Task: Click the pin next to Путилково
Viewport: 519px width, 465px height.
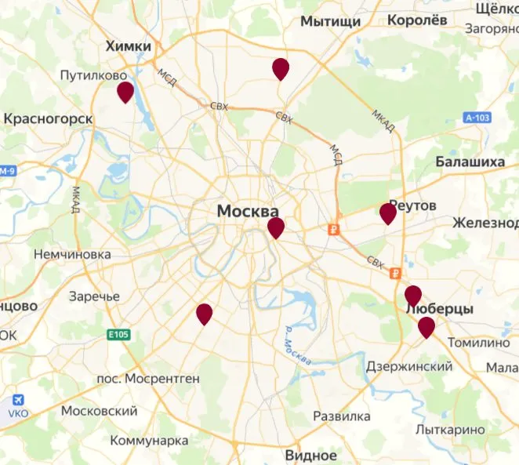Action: (x=125, y=93)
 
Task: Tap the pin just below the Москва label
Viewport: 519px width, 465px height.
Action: (x=276, y=228)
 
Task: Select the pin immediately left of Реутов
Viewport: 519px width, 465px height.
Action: (x=387, y=214)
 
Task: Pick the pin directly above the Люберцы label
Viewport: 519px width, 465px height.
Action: (x=413, y=296)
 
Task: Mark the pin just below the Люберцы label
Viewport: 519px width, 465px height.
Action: (x=426, y=327)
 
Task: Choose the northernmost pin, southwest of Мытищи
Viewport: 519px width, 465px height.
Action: (x=281, y=69)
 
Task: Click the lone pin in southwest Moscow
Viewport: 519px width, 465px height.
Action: (x=204, y=314)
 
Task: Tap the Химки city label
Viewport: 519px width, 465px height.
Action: (x=129, y=47)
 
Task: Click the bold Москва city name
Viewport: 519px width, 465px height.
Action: (x=248, y=212)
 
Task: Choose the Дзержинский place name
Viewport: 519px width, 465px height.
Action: (x=409, y=366)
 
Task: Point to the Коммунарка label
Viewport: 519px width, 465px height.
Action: (x=150, y=440)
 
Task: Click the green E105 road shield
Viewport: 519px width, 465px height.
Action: (x=117, y=335)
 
